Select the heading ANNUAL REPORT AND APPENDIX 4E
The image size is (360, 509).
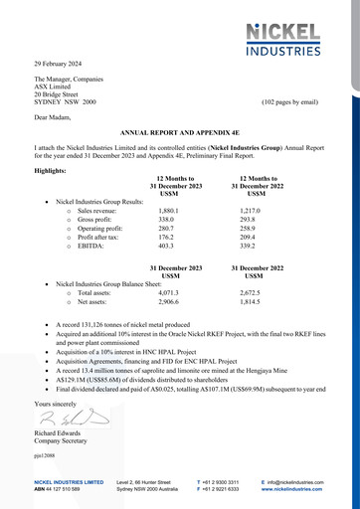179,130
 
